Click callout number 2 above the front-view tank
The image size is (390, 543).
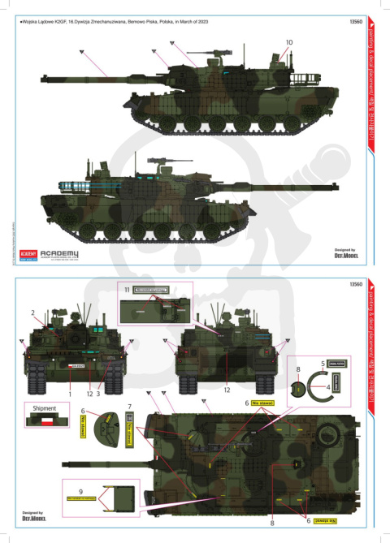coord(32,312)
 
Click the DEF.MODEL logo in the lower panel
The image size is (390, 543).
coord(34,517)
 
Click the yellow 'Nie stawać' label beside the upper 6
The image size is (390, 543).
coord(262,402)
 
